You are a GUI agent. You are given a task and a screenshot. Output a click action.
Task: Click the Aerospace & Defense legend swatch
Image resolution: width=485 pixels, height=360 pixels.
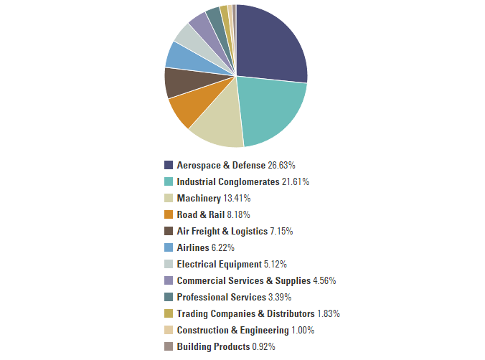pos(169,165)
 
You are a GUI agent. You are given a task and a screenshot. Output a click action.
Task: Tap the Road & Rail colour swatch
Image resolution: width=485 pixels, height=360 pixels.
pos(169,214)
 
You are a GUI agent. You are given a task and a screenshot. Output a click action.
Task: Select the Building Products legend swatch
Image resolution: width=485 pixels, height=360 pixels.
pos(169,346)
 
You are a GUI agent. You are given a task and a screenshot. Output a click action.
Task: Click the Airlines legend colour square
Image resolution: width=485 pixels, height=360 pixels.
pos(169,247)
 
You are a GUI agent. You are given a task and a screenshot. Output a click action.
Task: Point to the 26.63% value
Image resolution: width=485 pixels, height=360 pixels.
pos(281,165)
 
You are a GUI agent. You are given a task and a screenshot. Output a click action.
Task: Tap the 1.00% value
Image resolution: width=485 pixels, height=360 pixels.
pos(303,330)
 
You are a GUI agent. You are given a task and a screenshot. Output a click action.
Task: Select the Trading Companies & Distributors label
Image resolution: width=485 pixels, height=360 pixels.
pos(245,313)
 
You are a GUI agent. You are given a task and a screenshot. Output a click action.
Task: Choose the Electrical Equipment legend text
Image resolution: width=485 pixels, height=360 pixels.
pos(219,264)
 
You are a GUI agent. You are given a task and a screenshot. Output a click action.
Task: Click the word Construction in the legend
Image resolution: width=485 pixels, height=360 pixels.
pos(204,330)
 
